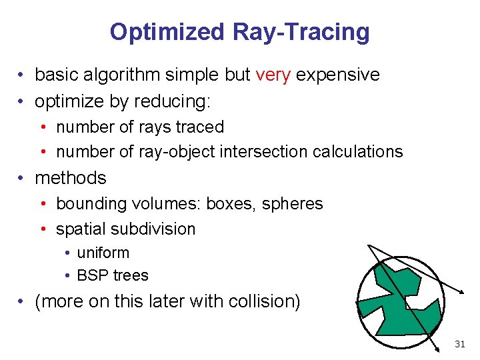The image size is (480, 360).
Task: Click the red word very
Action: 273,75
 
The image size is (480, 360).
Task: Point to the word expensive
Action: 337,75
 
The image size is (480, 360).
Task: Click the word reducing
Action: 172,101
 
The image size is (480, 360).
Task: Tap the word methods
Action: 71,178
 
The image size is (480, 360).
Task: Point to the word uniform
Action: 103,253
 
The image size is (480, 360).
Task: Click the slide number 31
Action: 459,344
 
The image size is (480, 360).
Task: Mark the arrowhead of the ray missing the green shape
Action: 461,291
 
